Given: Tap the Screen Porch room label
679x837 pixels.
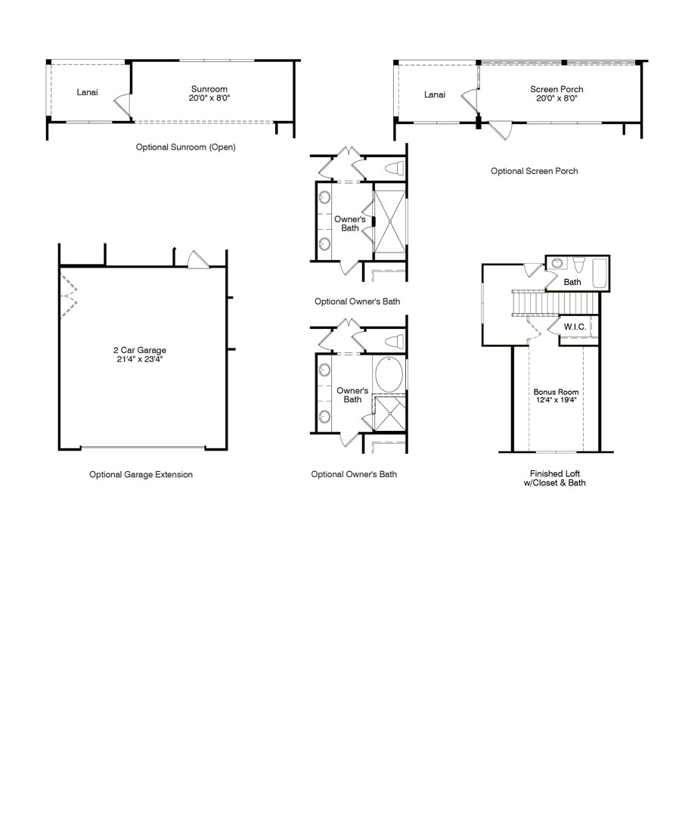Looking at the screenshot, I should pos(557,89).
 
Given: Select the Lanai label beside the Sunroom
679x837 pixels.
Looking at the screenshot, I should pos(87,93).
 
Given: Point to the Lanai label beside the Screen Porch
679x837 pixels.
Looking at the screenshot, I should pos(434,95).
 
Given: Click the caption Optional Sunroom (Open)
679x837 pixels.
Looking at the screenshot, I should pos(185,147).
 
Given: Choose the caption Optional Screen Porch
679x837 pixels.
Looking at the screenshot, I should pos(534,171).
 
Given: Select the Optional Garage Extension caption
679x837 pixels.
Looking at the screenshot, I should pos(141,475).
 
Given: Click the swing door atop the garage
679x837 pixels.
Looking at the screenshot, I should pos(196,259).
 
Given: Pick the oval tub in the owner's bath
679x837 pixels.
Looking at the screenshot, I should pos(389,376).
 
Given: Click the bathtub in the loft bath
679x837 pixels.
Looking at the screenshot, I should pos(600,272).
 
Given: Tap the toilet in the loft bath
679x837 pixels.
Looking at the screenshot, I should pos(578,265).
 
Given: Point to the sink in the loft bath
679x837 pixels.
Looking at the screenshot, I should pos(558,264).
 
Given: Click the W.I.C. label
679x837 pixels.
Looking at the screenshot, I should pos(574,327).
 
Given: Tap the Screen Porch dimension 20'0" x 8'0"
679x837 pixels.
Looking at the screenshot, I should pos(557,98).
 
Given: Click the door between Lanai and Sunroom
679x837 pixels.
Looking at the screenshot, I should pos(122,105).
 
